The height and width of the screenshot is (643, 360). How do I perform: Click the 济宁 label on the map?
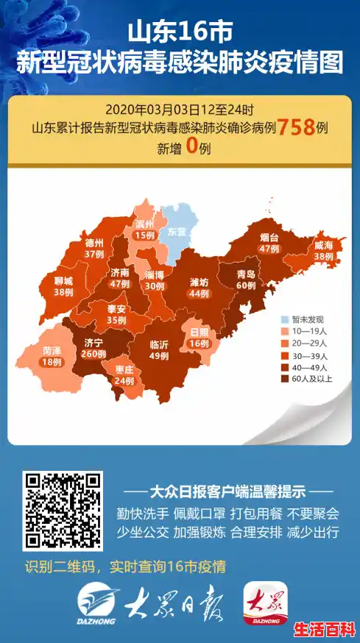point(93,342)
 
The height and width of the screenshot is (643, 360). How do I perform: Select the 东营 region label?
point(177,231)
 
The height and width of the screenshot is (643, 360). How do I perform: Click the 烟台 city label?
point(269,238)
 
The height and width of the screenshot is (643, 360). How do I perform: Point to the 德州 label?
point(93,242)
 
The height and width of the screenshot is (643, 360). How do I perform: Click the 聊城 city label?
point(63,280)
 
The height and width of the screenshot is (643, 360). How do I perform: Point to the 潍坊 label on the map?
point(199,281)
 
